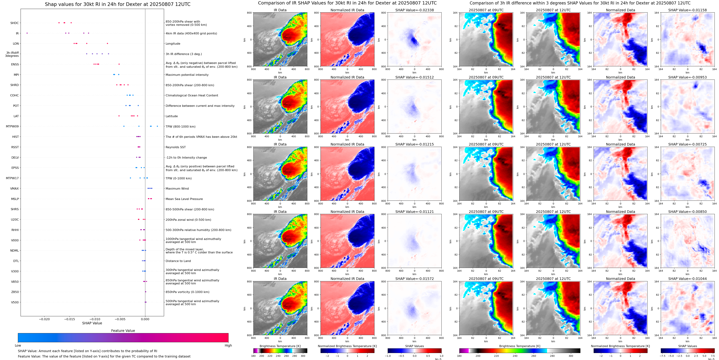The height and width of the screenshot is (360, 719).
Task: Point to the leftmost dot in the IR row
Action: point(27,33)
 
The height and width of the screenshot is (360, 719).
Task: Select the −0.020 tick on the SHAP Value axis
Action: point(44,319)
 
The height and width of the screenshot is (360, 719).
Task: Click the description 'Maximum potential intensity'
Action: point(187,75)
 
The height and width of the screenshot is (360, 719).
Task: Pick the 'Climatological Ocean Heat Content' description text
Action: point(192,96)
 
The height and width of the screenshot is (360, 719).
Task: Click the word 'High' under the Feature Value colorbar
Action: point(228,345)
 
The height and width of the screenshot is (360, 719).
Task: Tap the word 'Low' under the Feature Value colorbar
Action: point(18,345)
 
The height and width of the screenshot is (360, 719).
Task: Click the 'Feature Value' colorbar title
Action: point(123,331)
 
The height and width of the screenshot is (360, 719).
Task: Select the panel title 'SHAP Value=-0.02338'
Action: point(414,10)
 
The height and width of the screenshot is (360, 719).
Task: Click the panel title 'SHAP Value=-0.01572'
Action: point(414,279)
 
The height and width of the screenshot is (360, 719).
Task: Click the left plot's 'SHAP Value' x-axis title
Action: point(92,323)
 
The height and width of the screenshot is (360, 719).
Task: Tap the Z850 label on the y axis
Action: point(15,292)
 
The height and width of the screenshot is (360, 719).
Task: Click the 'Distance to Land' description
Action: point(178,261)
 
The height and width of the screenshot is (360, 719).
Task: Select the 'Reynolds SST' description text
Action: point(175,147)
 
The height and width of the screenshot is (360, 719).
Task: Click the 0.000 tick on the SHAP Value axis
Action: point(145,319)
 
